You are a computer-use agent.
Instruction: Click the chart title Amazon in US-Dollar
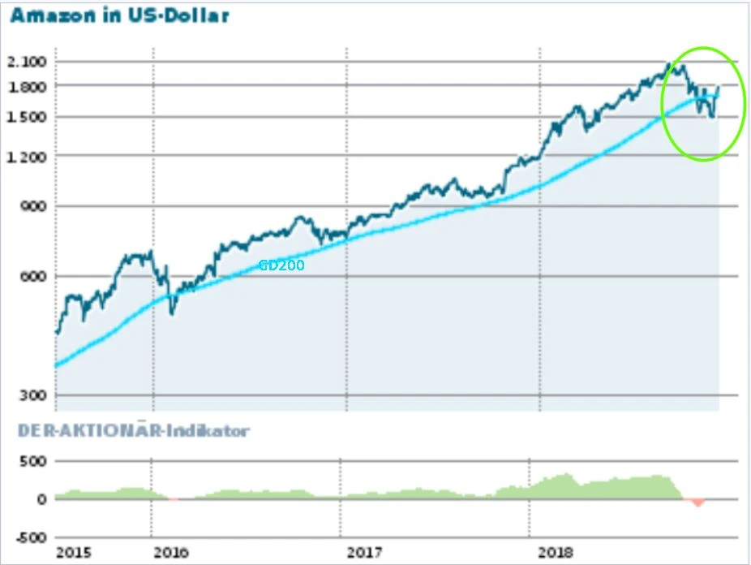pyautogui.click(x=119, y=15)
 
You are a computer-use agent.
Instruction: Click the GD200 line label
pyautogui.click(x=281, y=265)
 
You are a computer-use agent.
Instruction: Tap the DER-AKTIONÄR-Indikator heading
pyautogui.click(x=129, y=430)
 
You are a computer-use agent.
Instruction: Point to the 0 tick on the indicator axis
pyautogui.click(x=42, y=499)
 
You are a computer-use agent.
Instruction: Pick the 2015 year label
pyautogui.click(x=73, y=554)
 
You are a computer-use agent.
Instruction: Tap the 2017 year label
pyautogui.click(x=364, y=554)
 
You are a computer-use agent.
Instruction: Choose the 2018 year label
pyautogui.click(x=557, y=554)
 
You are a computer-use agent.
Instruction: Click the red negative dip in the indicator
pyautogui.click(x=696, y=502)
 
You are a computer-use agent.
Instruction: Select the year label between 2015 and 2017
pyautogui.click(x=170, y=554)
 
